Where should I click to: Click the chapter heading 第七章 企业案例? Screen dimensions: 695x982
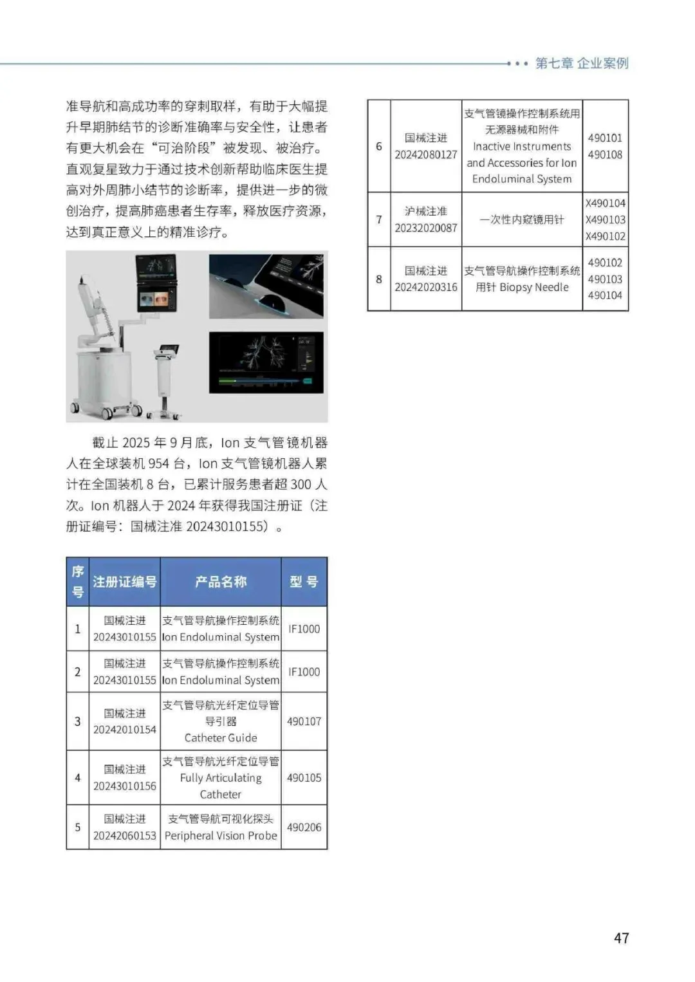[x=582, y=63]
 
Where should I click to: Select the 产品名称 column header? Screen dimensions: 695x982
[x=221, y=582]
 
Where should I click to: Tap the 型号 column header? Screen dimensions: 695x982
[x=304, y=582]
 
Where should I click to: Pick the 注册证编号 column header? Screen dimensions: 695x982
[x=125, y=582]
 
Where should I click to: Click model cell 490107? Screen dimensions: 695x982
[x=304, y=721]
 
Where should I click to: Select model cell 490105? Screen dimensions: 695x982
[x=304, y=777]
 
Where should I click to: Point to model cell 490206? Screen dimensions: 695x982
[x=304, y=827]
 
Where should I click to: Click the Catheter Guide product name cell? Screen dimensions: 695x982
[x=221, y=721]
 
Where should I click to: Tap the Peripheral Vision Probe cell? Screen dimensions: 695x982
[x=221, y=827]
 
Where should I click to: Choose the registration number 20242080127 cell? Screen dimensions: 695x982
[x=426, y=146]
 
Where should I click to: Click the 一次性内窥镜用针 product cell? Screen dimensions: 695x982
[x=522, y=219]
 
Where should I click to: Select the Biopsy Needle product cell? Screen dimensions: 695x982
[x=522, y=279]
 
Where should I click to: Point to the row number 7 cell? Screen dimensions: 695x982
[x=379, y=219]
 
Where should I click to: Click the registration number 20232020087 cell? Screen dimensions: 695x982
[x=426, y=219]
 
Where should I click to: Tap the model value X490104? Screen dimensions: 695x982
[x=605, y=203]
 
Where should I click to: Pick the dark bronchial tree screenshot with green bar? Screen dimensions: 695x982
[x=266, y=362]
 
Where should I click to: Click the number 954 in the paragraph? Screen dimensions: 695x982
[x=158, y=463]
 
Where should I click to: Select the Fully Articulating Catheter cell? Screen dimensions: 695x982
[x=221, y=777]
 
